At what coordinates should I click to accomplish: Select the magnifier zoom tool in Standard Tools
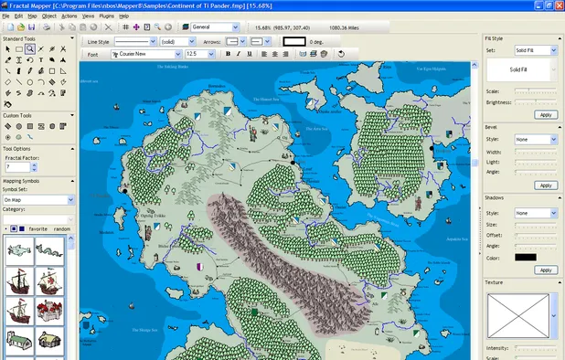click(x=30, y=48)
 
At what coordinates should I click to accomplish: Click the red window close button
click(x=556, y=5)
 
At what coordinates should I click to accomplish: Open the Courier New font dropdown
click(x=146, y=54)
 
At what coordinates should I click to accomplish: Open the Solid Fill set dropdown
click(x=535, y=50)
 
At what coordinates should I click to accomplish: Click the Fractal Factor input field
click(x=19, y=167)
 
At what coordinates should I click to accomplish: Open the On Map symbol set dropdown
click(x=37, y=199)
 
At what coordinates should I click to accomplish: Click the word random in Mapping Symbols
click(x=62, y=229)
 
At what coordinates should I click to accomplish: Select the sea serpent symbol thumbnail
click(x=19, y=251)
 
